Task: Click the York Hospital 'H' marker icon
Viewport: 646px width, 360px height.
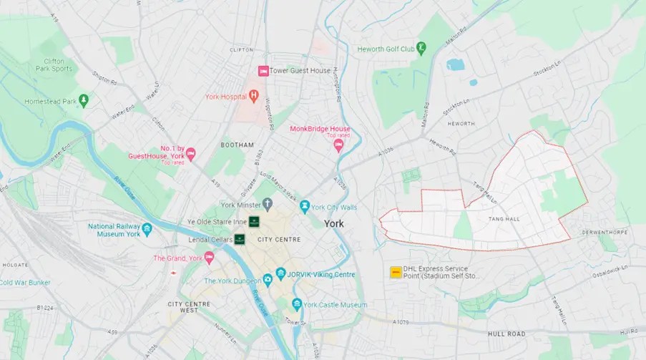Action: pos(253,96)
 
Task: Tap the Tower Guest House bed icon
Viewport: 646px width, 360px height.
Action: pos(263,71)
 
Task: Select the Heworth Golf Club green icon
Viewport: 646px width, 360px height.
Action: pos(421,49)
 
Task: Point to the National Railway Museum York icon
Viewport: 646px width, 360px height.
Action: pos(147,229)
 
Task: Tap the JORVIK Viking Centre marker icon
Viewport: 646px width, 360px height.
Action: pos(280,274)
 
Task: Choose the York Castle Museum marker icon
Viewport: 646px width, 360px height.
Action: pos(296,304)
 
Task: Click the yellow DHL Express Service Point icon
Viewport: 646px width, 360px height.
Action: pos(394,272)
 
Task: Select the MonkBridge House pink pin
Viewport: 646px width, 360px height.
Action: pos(338,145)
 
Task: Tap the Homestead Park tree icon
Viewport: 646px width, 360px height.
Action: pos(84,101)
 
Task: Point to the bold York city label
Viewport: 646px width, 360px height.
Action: pos(334,223)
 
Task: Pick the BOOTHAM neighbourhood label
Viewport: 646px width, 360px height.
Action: pos(237,145)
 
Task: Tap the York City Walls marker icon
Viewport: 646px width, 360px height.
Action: pos(305,207)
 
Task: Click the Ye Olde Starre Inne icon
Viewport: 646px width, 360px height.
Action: pos(253,221)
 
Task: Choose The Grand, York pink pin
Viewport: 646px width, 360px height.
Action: pos(209,257)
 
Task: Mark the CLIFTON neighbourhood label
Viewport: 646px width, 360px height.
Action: pos(241,50)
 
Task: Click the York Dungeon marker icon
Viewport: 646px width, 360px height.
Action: pos(268,281)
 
